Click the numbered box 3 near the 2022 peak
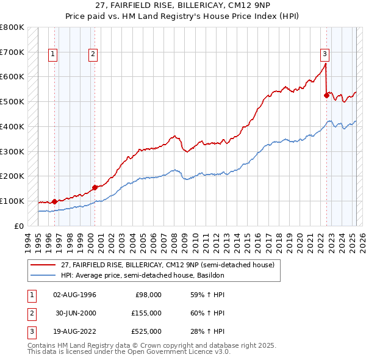325,53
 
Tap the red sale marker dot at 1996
55,201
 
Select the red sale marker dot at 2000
95,187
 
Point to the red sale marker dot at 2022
326,95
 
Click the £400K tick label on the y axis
12,126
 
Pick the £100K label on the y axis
12,201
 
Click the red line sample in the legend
43,265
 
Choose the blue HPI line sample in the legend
43,275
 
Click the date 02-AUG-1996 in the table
74,295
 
